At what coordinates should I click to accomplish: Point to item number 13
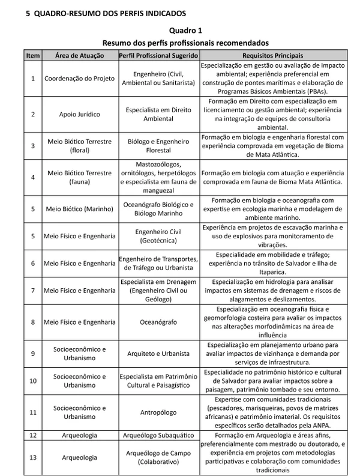[33, 457]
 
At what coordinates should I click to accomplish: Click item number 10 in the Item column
[33, 381]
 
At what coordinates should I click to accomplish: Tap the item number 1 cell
[33, 78]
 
